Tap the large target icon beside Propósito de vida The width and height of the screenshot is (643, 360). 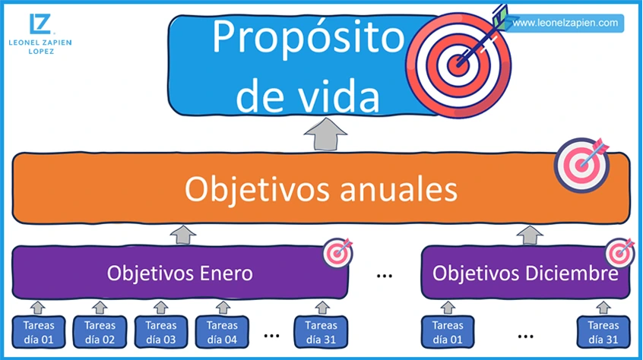tap(458, 64)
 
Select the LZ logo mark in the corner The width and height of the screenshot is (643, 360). tap(40, 24)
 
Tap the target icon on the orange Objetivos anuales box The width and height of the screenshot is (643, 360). tap(581, 162)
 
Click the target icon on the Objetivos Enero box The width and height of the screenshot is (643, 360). tap(337, 252)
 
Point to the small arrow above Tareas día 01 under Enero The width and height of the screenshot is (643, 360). tap(37, 307)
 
